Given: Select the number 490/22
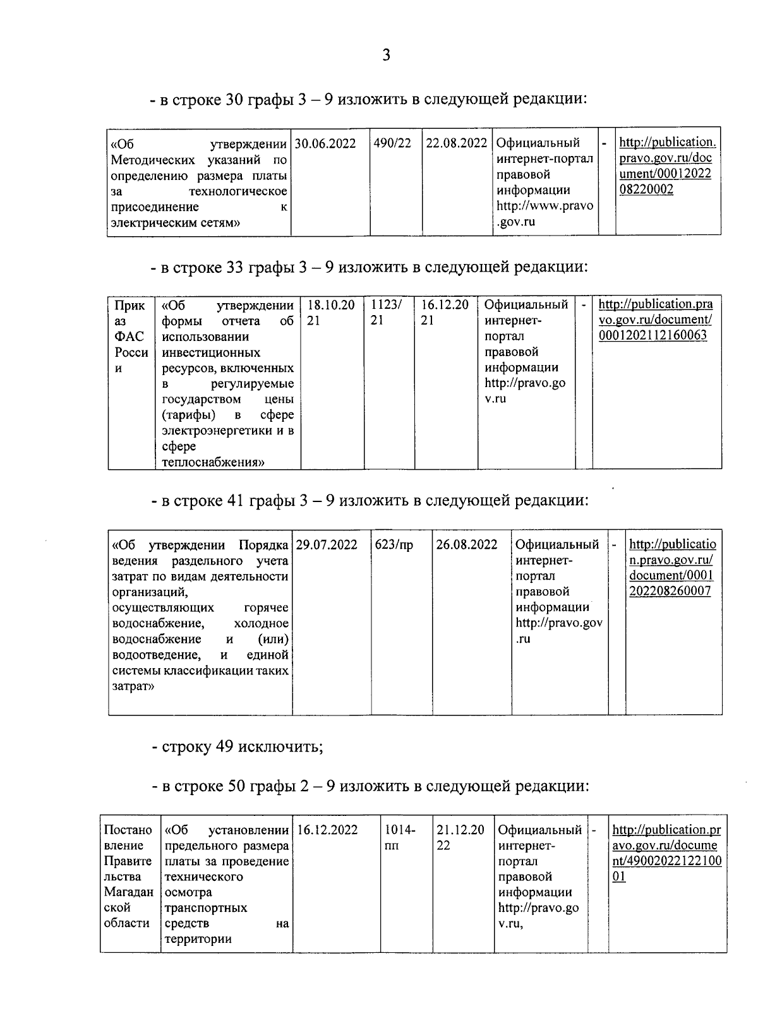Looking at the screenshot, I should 392,143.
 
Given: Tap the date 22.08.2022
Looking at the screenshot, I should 457,143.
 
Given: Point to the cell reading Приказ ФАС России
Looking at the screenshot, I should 131,337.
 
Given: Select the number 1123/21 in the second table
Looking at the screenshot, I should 385,313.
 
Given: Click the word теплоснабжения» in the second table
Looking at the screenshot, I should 213,462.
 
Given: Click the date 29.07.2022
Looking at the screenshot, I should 327,545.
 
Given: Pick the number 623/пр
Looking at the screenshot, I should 394,545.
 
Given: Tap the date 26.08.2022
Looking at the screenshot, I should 467,545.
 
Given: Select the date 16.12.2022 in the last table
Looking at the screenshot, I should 327,830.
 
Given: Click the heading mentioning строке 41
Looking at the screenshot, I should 370,501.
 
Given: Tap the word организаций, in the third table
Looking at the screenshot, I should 151,592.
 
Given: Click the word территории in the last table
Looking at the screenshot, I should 198,939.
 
